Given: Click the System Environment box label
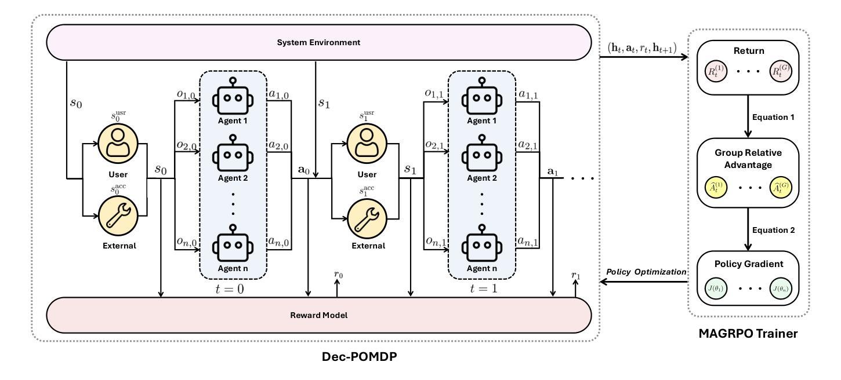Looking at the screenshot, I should point(318,42).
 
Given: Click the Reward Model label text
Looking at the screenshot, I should point(318,316).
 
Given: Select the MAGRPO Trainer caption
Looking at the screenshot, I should point(749,335).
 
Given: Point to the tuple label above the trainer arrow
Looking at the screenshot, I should point(641,47).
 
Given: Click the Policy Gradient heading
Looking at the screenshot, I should point(748,264).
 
